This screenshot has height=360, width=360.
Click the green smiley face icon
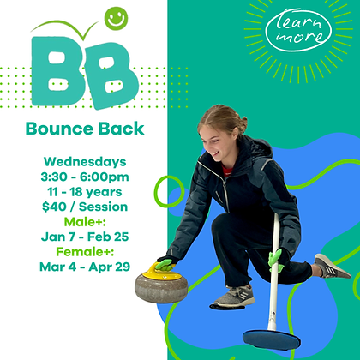[114, 16]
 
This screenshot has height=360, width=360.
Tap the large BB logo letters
[84, 70]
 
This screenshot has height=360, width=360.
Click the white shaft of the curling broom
[273, 274]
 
